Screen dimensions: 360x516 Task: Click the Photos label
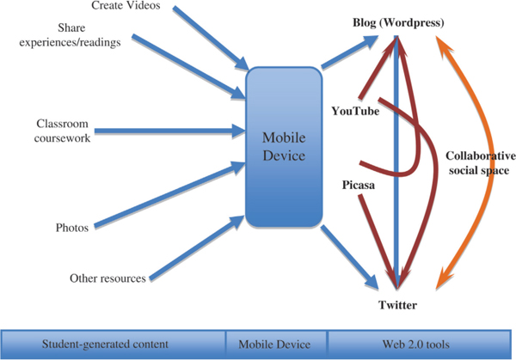tap(72, 227)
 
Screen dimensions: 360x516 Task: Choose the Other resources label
tap(107, 278)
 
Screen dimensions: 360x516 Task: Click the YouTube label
tap(355, 110)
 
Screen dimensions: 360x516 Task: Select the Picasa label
tap(355, 184)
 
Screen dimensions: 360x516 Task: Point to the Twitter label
tap(399, 305)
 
